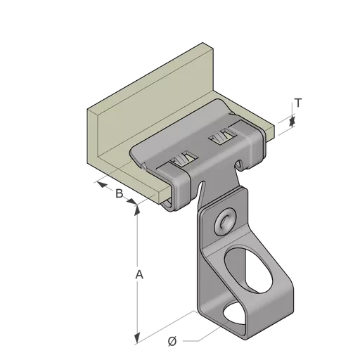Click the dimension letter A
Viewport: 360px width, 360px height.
[x=139, y=274]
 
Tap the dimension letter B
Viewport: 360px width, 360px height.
[x=120, y=193]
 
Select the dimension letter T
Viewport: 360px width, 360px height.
[x=298, y=103]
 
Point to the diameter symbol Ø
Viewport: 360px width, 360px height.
[x=172, y=341]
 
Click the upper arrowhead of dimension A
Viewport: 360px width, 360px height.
[x=137, y=210]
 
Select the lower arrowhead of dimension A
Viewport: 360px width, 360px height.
[x=137, y=339]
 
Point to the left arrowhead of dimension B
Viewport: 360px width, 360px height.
[x=101, y=185]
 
